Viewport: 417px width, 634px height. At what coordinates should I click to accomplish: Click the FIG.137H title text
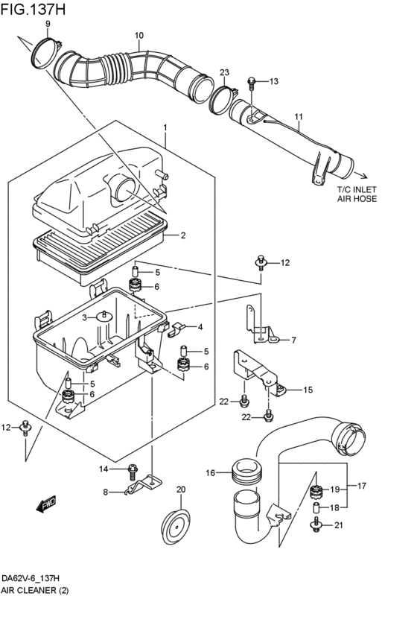33,9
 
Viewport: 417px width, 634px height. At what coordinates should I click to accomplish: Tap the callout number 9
48,25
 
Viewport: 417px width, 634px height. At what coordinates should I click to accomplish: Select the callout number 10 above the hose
139,36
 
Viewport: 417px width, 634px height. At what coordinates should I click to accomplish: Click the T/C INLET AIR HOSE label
357,194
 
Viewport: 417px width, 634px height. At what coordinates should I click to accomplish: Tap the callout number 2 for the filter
183,235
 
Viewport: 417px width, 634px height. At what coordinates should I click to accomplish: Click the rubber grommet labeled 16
246,472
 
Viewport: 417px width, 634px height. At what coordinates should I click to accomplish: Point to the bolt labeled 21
316,524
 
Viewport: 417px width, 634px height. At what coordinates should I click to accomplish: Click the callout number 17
362,486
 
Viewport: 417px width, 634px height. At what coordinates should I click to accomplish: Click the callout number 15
308,390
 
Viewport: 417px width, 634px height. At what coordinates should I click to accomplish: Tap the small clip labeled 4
176,328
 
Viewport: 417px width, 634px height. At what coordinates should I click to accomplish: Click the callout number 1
165,128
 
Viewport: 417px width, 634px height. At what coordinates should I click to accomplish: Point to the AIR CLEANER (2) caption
35,590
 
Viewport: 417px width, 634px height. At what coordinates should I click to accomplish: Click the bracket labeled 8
144,484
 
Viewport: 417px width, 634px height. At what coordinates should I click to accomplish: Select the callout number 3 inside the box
84,318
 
